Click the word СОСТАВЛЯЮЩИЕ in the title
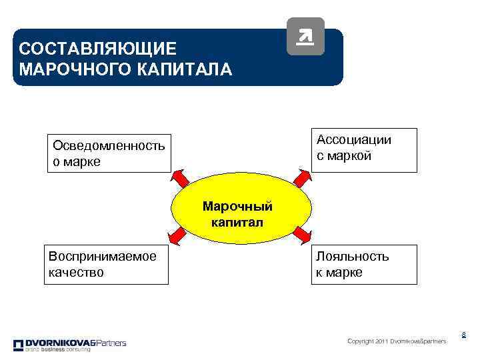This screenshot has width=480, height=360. pyautogui.click(x=98, y=49)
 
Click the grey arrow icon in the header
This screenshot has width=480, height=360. pyautogui.click(x=305, y=36)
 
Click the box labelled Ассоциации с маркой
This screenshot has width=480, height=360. pyautogui.click(x=365, y=150)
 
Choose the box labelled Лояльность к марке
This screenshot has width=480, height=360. pyautogui.click(x=364, y=264)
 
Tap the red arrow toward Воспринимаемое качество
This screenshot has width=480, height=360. pyautogui.click(x=178, y=237)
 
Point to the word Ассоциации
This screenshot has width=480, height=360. pyautogui.click(x=354, y=140)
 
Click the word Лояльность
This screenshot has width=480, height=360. pyautogui.click(x=353, y=256)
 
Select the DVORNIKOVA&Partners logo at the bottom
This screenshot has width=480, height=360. pyautogui.click(x=69, y=345)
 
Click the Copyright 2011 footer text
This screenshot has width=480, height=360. pyautogui.click(x=397, y=341)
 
